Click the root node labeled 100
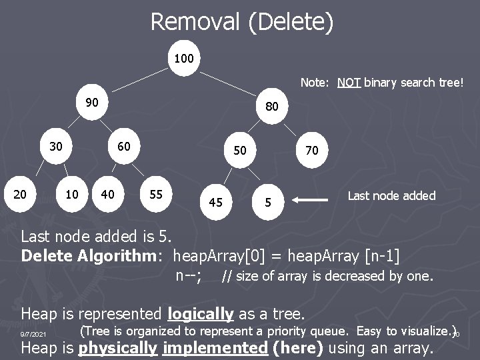183,59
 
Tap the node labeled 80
272,107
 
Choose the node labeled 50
241,151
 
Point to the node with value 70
312,151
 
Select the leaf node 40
107,194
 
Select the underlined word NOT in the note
350,83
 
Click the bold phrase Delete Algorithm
93,255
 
